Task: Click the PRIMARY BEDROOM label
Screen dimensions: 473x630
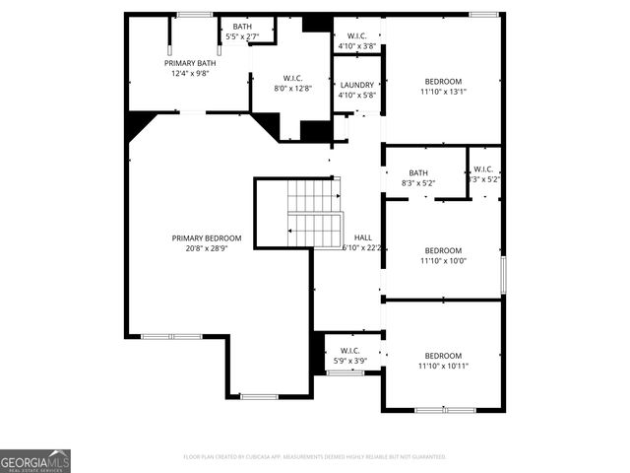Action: (x=207, y=237)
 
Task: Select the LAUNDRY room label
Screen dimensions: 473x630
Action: (x=357, y=85)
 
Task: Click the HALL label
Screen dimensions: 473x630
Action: (x=362, y=237)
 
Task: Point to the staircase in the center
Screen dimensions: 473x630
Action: (x=314, y=213)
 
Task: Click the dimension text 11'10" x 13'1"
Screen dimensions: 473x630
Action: (x=443, y=92)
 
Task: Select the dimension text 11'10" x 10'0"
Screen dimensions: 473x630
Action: (x=443, y=260)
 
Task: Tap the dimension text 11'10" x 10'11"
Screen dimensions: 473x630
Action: (x=443, y=366)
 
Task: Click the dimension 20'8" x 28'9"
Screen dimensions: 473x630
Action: (x=207, y=248)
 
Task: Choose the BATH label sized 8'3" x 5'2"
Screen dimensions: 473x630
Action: (x=418, y=172)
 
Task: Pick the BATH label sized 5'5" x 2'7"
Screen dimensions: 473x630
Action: (x=242, y=27)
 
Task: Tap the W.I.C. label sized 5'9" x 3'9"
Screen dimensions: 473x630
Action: (x=349, y=350)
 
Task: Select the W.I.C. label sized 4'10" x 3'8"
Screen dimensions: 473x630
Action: (x=357, y=35)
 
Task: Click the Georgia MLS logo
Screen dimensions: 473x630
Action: (x=35, y=460)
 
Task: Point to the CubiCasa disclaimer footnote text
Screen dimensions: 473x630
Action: (x=315, y=456)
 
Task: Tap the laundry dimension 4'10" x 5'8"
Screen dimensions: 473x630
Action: (x=357, y=96)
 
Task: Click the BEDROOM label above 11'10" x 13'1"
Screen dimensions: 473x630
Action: (x=443, y=81)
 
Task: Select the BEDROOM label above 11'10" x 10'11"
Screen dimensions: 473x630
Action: (x=443, y=355)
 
